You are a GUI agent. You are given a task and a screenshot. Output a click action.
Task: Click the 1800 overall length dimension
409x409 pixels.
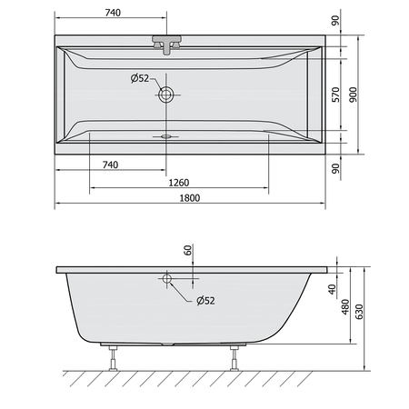[x=190, y=198]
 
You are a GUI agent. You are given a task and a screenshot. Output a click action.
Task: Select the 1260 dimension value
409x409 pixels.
[x=179, y=183]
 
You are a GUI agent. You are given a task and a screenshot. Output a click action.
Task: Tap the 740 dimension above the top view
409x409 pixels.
[x=113, y=13]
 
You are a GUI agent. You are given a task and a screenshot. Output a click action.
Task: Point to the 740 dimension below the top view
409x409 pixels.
[x=110, y=165]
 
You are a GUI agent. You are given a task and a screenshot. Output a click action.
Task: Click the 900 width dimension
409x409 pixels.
[x=354, y=95]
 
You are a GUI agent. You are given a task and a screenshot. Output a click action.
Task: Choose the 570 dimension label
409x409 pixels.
[x=335, y=95]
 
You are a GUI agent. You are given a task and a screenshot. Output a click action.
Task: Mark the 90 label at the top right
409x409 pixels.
[x=335, y=20]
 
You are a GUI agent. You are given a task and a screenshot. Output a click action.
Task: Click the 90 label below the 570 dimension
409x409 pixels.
[x=335, y=168]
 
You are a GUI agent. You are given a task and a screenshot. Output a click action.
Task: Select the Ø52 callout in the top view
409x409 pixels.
[x=140, y=78]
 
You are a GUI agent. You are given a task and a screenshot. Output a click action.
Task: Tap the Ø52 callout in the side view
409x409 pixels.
[x=205, y=301]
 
